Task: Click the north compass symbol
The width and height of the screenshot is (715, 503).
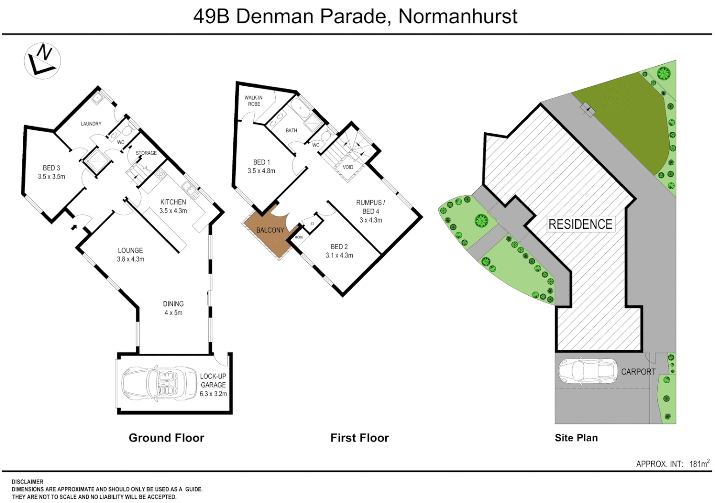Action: pos(42,61)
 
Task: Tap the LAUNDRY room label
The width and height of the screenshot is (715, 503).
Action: pos(91,124)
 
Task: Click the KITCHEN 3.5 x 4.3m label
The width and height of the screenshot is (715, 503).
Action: pos(173,206)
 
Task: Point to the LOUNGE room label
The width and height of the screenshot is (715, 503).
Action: pos(130,251)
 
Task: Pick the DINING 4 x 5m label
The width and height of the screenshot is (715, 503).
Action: pos(173,308)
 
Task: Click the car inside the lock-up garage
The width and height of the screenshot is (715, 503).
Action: pos(159,384)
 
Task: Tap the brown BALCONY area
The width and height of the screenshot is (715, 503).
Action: pos(270,231)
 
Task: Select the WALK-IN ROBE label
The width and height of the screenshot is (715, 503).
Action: pos(254,101)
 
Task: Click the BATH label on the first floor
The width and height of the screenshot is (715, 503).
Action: pos(291,130)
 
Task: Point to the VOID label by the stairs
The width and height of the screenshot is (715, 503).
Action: pos(348,167)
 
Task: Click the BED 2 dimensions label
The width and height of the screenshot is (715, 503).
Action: pos(339,255)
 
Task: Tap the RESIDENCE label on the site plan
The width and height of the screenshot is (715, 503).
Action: pos(580,224)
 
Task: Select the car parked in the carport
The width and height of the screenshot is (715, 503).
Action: pos(588,372)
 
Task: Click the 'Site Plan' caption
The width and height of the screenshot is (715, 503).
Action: pos(576,438)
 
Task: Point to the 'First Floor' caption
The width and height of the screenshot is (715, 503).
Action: pos(360,438)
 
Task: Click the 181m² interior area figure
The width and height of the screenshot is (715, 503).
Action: pos(700,463)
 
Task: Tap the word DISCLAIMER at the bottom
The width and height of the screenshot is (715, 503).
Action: pos(27,482)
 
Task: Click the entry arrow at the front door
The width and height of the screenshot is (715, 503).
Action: pos(74,227)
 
